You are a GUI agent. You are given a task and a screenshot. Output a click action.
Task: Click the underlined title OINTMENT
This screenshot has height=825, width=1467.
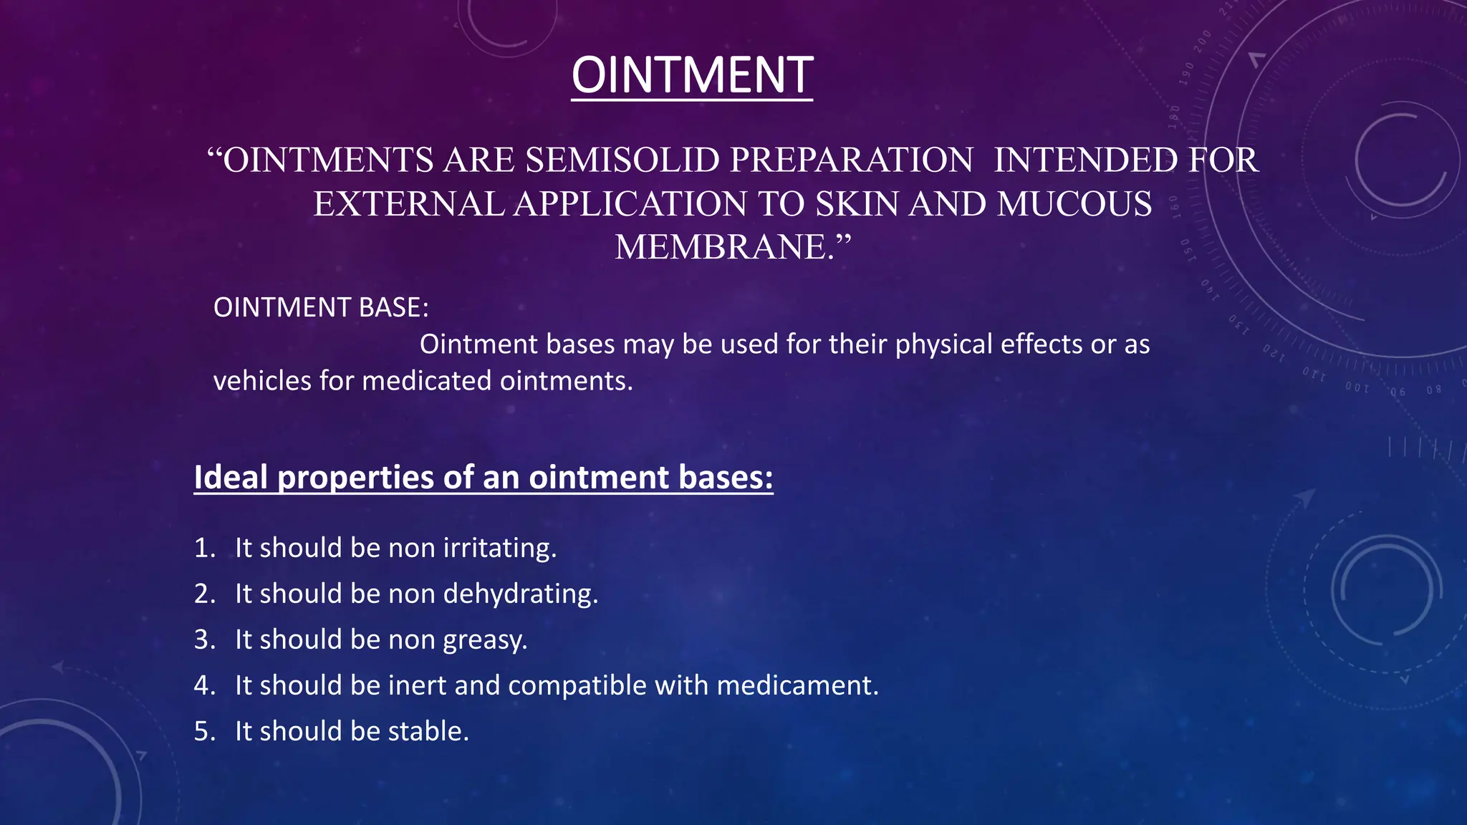coord(692,75)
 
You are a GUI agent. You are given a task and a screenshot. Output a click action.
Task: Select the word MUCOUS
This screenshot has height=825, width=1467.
coord(1074,204)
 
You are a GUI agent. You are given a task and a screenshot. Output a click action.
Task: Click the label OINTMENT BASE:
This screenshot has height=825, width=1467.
coord(321,307)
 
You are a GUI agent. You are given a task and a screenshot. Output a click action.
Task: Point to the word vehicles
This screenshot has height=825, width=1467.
coord(262,380)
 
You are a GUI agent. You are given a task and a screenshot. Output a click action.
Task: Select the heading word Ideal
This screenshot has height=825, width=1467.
coord(231,477)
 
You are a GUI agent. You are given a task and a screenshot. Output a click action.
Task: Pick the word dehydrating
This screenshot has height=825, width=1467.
coord(520,594)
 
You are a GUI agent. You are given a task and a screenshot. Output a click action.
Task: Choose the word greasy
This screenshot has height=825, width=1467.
coord(484,640)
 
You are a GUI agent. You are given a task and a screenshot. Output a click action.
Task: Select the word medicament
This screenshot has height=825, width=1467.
coord(797,685)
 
